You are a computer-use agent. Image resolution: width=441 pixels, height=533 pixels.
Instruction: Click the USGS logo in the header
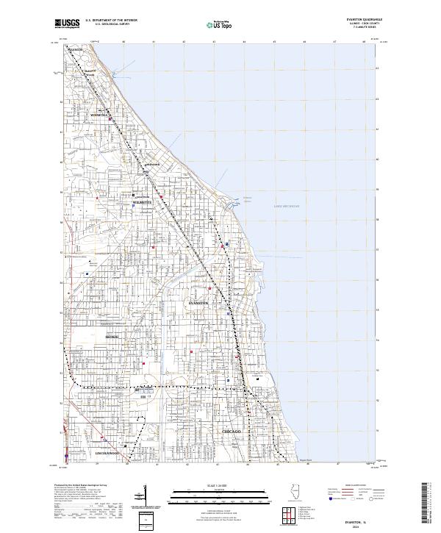[x=65, y=24]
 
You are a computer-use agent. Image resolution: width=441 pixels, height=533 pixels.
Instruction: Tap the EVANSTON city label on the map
[x=198, y=303]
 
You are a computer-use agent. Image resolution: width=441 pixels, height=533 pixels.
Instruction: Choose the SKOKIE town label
[x=112, y=337]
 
